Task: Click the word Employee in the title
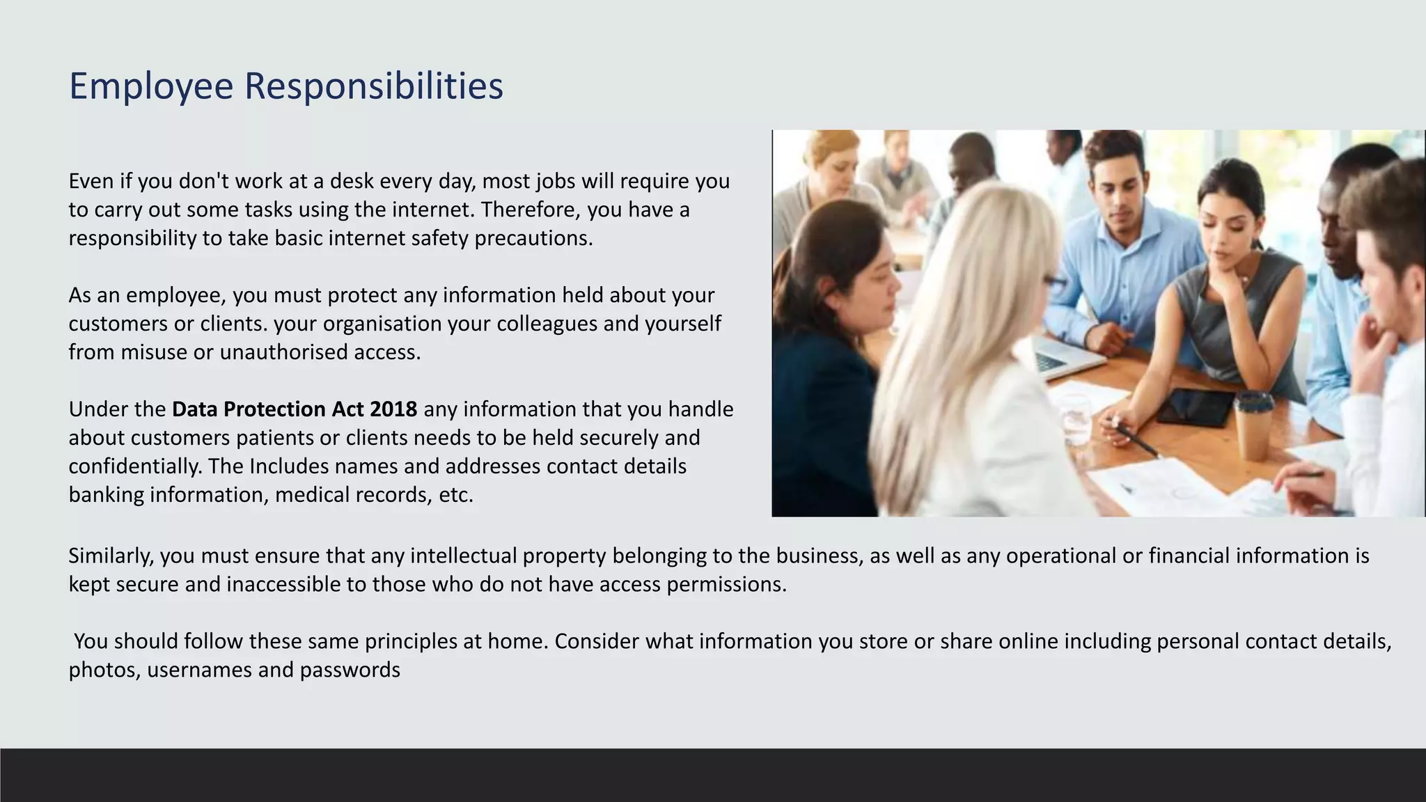[x=150, y=86]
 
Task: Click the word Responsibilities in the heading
[x=373, y=86]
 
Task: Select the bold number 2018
[x=393, y=409]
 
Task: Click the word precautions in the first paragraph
[x=533, y=238]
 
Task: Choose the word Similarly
[x=111, y=556]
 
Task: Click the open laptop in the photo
[x=1062, y=355]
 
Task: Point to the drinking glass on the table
[x=1078, y=418]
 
